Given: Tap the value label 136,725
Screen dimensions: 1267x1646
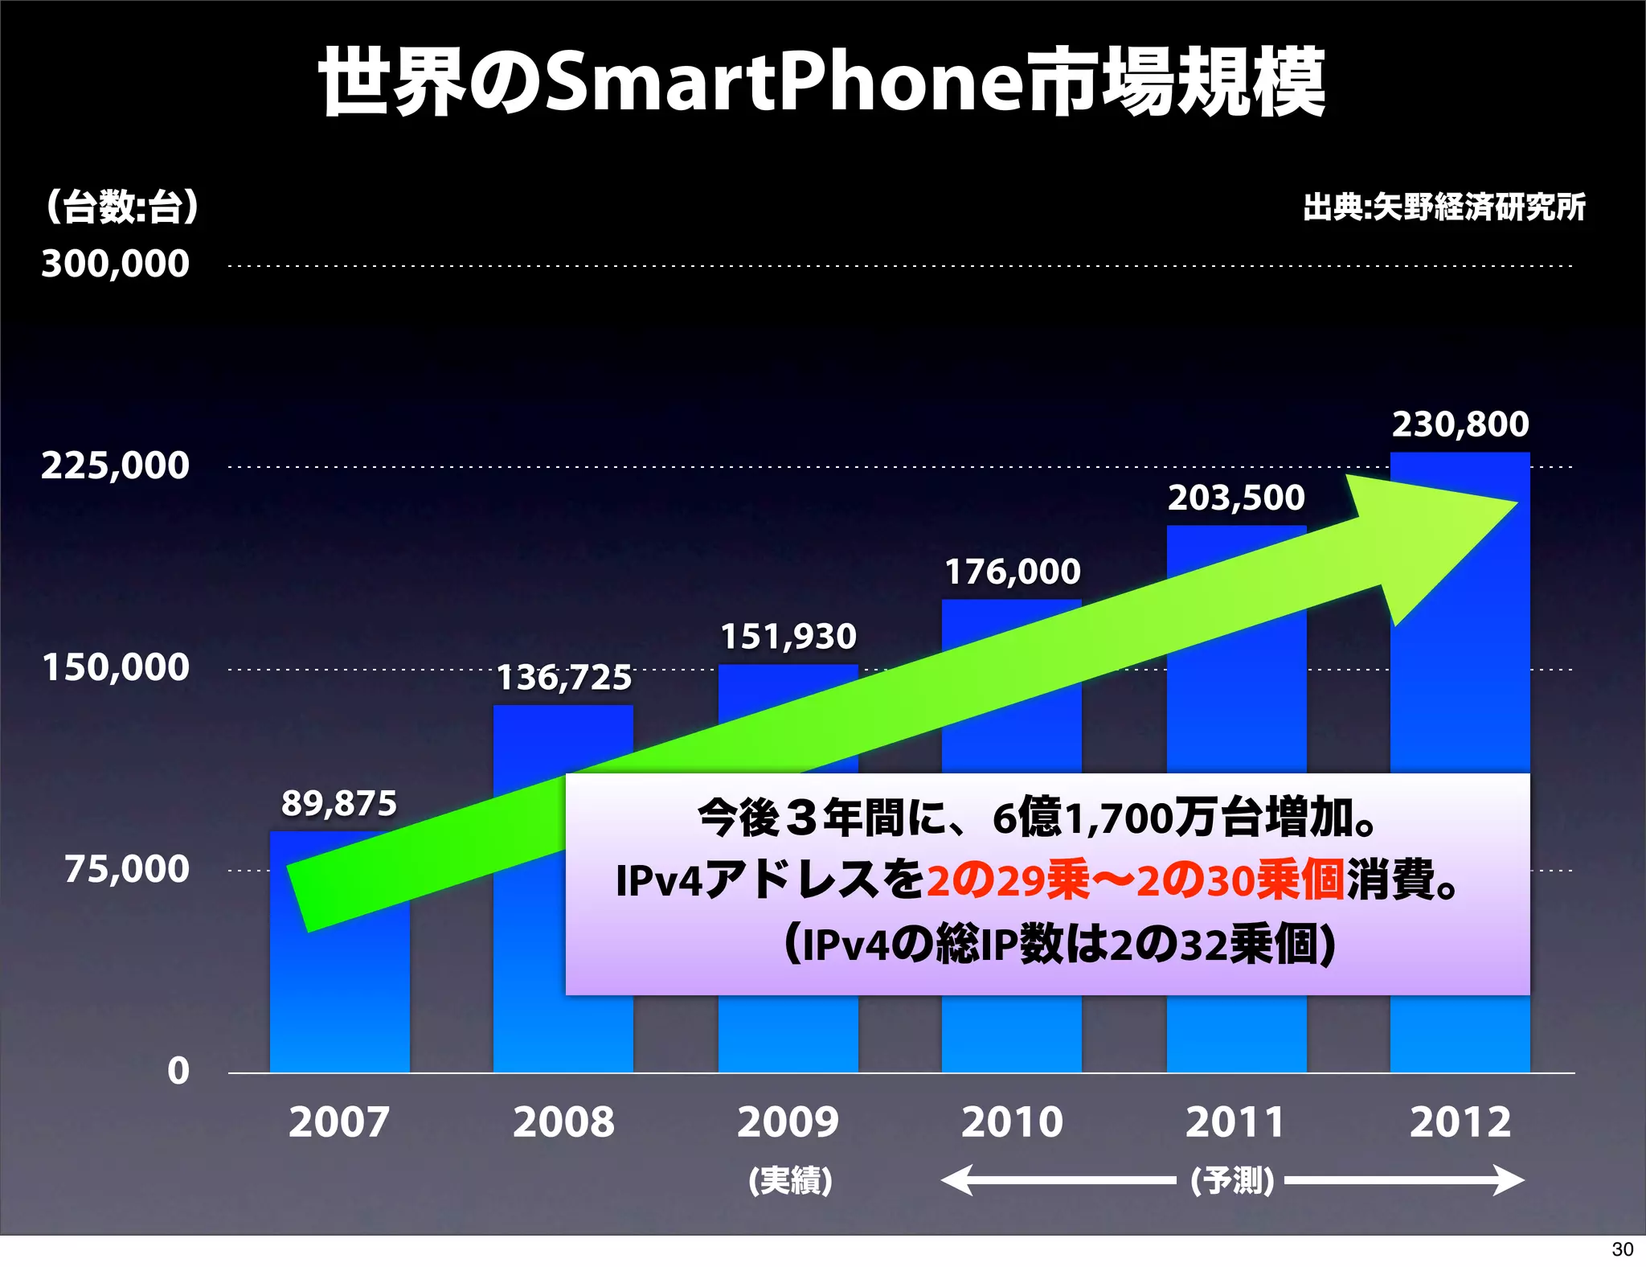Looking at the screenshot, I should [564, 678].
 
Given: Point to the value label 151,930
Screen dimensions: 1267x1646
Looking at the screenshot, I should [788, 637].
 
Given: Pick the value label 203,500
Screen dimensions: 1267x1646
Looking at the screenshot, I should [1236, 498].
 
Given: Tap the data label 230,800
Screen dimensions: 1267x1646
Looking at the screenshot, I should [1460, 424].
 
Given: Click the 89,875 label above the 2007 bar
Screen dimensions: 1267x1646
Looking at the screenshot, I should [339, 803].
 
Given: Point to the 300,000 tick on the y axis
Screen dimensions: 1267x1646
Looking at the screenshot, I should [116, 264].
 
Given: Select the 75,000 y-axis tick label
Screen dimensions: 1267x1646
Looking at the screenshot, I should [127, 869].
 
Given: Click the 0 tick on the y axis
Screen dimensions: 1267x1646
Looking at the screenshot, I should [178, 1071].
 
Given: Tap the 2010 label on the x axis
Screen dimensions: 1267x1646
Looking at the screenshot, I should [1012, 1121].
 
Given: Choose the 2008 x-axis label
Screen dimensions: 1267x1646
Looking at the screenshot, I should [563, 1121].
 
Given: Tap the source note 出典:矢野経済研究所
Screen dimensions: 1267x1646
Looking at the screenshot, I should [1444, 207].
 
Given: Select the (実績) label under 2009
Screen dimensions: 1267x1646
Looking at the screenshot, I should [789, 1180].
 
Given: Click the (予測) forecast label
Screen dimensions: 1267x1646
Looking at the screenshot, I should [1231, 1180].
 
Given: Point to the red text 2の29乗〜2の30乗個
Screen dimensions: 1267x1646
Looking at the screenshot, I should [1136, 880].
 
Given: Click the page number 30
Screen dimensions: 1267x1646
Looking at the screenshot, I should [1622, 1249].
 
